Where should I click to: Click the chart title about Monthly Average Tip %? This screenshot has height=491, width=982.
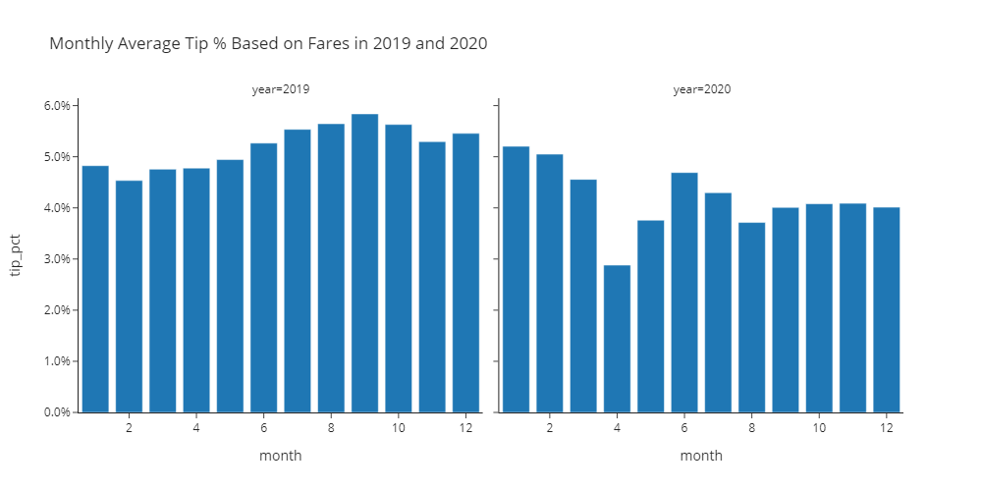[268, 44]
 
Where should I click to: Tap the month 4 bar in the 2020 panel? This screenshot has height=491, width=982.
[617, 339]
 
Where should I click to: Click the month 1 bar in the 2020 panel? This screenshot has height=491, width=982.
[516, 279]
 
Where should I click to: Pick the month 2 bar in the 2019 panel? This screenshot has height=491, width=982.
[129, 297]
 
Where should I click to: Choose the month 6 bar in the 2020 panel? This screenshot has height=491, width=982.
[684, 293]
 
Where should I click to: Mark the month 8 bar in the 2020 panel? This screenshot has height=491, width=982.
[751, 317]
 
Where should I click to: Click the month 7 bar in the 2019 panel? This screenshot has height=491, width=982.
[298, 271]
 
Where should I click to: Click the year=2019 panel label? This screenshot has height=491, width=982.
[281, 89]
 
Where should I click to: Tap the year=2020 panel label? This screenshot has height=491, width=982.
[702, 89]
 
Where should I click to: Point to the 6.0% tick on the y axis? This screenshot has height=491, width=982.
[57, 106]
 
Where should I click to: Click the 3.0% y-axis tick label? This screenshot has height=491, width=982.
[57, 259]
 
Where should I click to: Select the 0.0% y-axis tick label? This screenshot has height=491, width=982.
[57, 412]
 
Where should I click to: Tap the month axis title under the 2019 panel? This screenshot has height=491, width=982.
[281, 456]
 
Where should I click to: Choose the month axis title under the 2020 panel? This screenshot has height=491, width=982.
[701, 456]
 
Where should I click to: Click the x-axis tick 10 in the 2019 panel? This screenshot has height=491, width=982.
[398, 429]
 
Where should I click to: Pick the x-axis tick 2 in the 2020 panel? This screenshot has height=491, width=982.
[550, 429]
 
